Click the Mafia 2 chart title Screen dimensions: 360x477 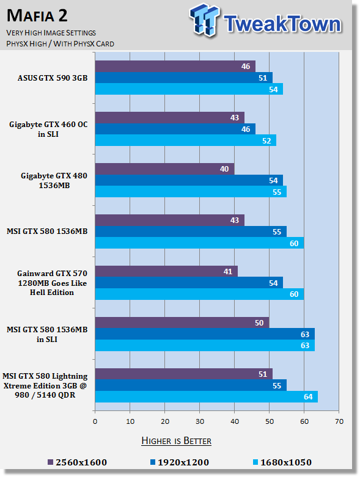[x=37, y=15]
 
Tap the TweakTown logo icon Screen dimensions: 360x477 [x=204, y=20]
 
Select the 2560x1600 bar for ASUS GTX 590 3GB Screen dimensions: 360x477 [x=175, y=67]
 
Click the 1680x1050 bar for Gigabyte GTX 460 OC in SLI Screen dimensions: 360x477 [x=186, y=140]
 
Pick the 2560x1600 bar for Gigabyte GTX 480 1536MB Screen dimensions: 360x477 [x=164, y=169]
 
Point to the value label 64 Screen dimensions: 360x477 [x=308, y=397]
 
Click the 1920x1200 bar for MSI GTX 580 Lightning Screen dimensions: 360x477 [x=191, y=385]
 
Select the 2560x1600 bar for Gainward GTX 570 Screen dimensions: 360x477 [x=166, y=271]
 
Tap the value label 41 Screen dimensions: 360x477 [x=227, y=271]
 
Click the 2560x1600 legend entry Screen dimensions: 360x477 [x=78, y=462]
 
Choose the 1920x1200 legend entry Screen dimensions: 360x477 [x=180, y=462]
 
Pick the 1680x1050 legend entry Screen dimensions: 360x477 [x=282, y=462]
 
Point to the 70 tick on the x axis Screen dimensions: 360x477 [x=339, y=421]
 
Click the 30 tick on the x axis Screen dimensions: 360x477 [x=200, y=421]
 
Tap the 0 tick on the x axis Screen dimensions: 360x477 [x=95, y=421]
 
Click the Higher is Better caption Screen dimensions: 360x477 [x=176, y=441]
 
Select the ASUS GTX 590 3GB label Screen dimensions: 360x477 [x=53, y=78]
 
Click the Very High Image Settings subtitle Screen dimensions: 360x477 [x=51, y=32]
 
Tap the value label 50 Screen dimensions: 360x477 [x=259, y=322]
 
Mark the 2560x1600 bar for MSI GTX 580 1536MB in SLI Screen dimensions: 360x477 [x=182, y=322]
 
